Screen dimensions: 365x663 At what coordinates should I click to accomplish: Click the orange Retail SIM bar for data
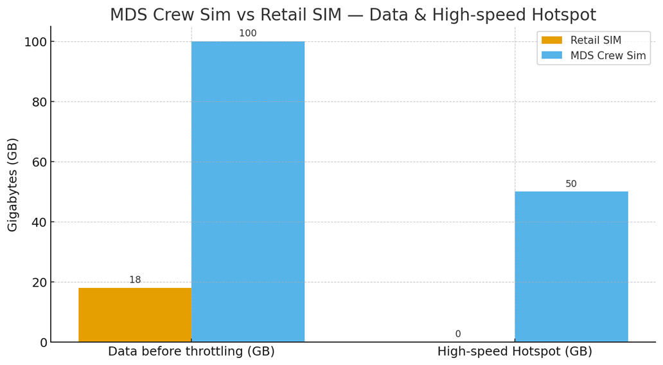pos(135,315)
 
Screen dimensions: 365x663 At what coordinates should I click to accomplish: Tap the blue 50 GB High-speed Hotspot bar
pos(571,267)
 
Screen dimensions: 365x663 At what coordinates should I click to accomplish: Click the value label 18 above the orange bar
pos(135,280)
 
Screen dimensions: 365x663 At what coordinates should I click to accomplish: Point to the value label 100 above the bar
pos(248,33)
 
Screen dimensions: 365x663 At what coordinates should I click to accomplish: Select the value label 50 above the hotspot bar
pos(571,184)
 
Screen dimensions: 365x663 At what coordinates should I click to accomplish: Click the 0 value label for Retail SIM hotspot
pos(458,334)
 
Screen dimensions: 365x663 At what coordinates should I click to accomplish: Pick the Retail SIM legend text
pos(596,40)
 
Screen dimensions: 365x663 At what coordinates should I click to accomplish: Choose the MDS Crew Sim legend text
pos(608,56)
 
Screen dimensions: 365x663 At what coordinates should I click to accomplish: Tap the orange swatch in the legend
pos(551,40)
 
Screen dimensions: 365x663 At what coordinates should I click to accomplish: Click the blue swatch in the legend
pos(551,56)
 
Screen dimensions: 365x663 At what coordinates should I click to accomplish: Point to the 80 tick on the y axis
pos(40,102)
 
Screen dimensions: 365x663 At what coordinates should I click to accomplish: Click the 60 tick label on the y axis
pos(40,162)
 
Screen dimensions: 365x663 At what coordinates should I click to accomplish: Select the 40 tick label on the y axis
pos(40,222)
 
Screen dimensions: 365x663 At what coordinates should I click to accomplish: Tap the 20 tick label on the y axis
pos(40,282)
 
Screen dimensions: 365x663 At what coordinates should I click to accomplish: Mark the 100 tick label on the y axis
pos(36,42)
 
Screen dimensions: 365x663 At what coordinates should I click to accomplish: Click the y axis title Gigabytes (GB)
pos(13,184)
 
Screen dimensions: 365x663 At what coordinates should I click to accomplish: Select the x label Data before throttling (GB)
pos(191,352)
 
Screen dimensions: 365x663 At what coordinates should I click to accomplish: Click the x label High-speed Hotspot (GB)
pos(515,352)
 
